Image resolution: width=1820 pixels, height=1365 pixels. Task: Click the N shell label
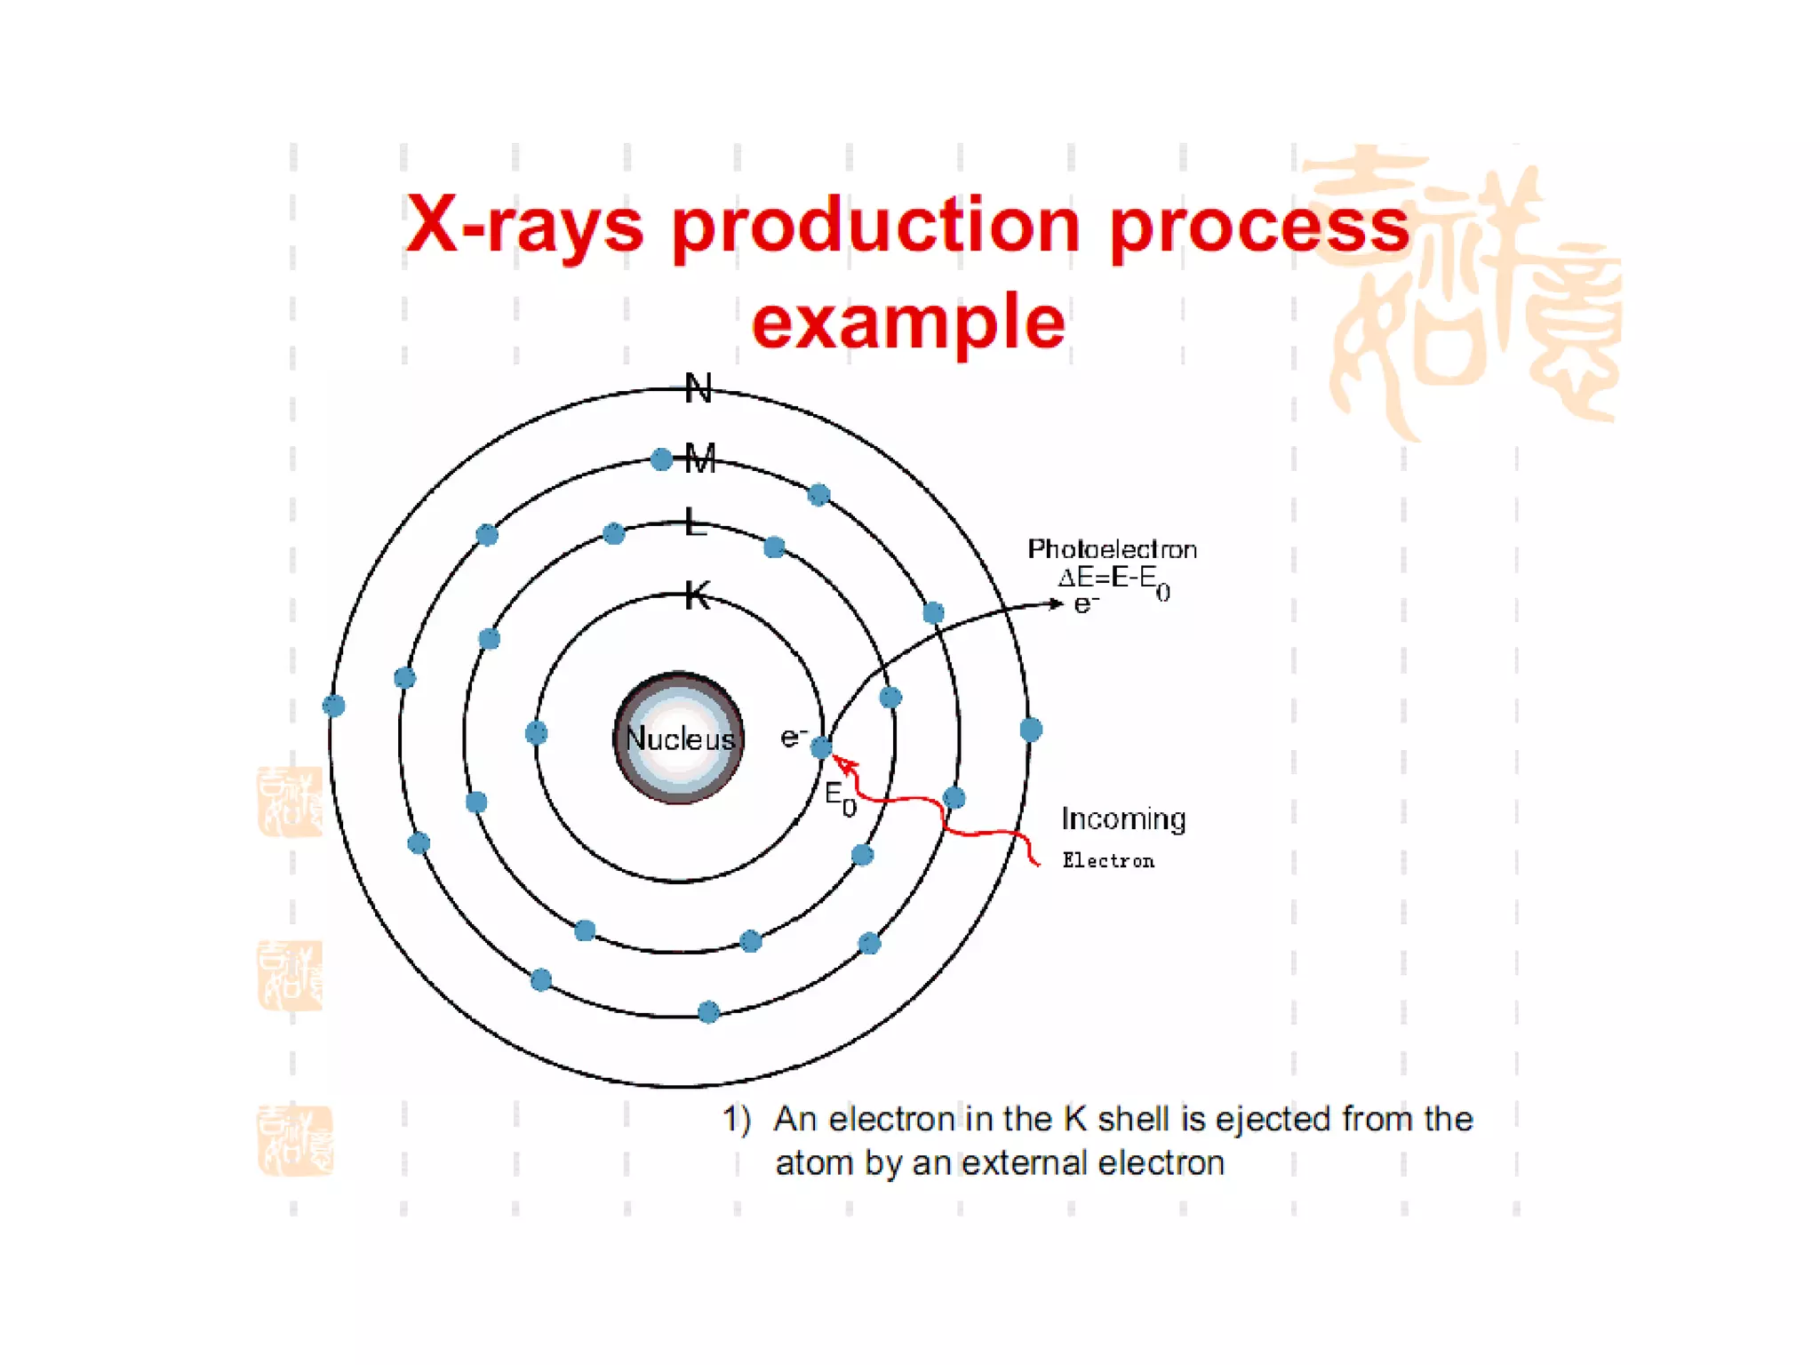click(698, 388)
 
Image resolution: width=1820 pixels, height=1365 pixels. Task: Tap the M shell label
click(700, 459)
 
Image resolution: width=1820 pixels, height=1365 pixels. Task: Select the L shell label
click(696, 523)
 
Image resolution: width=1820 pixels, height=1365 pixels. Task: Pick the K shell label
click(698, 595)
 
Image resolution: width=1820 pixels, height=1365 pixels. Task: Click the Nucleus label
click(680, 738)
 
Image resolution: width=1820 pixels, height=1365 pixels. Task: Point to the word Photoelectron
click(1112, 549)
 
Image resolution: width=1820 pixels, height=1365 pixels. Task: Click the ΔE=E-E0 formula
click(1114, 580)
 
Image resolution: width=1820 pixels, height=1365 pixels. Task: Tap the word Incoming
click(1123, 818)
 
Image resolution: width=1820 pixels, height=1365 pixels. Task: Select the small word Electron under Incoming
click(1108, 860)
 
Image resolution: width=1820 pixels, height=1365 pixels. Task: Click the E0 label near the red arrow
click(840, 796)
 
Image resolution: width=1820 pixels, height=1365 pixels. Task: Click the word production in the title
click(875, 225)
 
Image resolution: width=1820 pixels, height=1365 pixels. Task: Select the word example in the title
click(908, 322)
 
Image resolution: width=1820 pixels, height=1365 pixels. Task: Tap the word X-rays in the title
click(523, 225)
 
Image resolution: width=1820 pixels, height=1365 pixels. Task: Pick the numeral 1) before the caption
click(737, 1119)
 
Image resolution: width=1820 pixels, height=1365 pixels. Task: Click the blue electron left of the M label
click(661, 459)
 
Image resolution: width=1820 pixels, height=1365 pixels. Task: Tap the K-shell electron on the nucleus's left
click(536, 733)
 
